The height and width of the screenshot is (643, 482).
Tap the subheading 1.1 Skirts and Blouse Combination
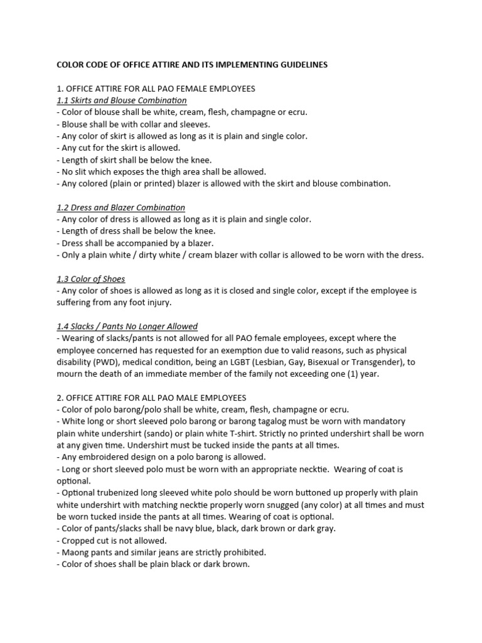tap(121, 100)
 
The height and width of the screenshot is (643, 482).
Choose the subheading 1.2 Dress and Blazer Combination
tap(120, 207)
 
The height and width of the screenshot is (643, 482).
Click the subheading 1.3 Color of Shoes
tap(90, 279)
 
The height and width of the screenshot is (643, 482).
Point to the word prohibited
tap(244, 553)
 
